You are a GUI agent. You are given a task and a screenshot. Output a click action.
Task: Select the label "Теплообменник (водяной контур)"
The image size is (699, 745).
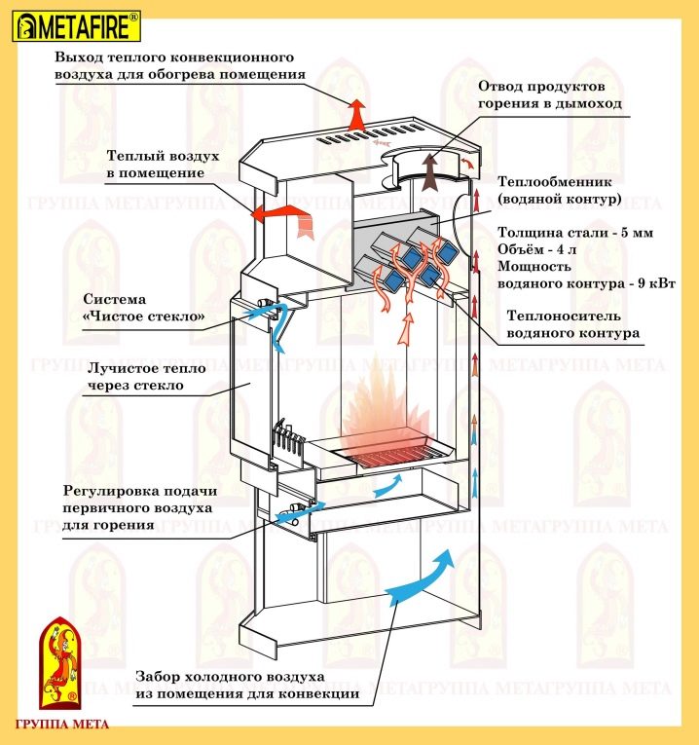[558, 191]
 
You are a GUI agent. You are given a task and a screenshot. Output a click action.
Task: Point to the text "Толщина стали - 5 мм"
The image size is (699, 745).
[574, 234]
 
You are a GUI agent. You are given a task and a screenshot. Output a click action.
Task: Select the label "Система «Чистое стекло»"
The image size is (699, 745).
[144, 308]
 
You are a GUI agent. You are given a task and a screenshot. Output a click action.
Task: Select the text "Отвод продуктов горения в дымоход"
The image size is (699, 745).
[549, 93]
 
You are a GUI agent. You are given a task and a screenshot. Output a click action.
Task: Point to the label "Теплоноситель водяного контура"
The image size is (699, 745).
[573, 324]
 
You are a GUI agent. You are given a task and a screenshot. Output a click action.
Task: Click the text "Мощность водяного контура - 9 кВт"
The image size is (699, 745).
[587, 274]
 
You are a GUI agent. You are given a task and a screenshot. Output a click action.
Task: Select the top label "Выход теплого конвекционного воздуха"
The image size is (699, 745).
[180, 65]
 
